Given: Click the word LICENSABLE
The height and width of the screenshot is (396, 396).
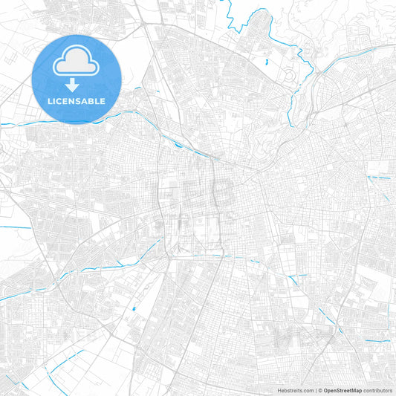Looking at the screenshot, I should point(77,101).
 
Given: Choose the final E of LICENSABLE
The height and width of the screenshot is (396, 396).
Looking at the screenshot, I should point(103,101).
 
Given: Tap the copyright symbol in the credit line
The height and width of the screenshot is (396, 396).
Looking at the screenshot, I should point(321,390).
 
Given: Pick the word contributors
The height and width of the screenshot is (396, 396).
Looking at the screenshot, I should point(377,390).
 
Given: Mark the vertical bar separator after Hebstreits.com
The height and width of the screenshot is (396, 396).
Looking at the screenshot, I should point(316,390).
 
